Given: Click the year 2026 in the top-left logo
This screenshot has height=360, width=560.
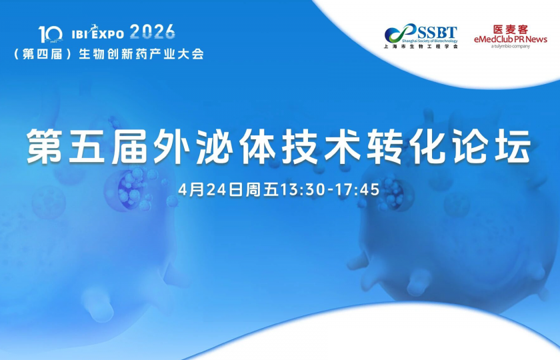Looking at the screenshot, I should pos(153,31).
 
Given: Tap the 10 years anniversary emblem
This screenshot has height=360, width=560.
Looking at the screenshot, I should pos(51,33).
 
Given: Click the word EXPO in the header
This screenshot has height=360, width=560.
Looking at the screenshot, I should pos(109,33).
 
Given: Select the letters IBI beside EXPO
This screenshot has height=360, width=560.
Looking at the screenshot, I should pos(80,33).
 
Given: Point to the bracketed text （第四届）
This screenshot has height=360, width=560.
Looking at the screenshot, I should pos(42,53).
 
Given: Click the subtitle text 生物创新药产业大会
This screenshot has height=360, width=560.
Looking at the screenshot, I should pos(141,53).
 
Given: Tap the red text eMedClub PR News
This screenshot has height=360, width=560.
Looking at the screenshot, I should pos(510,39).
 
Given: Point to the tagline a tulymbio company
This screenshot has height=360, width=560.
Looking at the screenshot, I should pos(510,47).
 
